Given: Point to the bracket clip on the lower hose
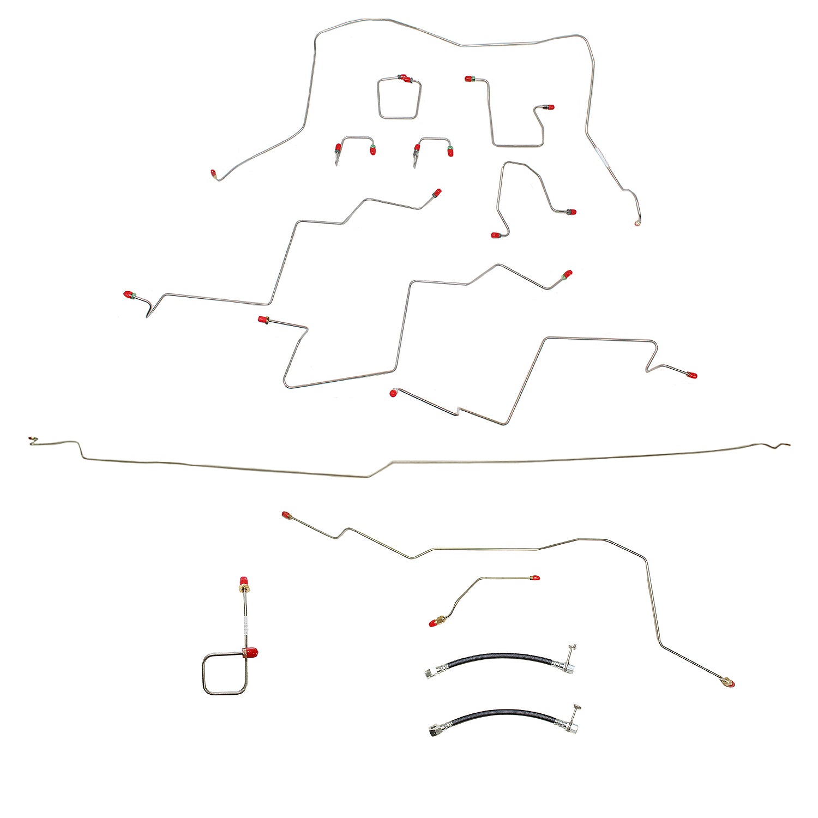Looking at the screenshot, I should coord(574,709).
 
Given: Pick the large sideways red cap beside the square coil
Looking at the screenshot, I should coord(251,652).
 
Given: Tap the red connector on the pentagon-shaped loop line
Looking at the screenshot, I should coord(404,79).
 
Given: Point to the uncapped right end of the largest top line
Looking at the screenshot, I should coord(637,223).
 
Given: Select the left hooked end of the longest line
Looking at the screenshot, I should coord(33,439).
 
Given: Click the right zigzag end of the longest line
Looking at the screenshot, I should coord(780,447).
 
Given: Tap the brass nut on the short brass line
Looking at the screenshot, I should coord(440,621).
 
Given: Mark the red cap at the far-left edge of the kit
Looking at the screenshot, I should coord(129,295).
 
